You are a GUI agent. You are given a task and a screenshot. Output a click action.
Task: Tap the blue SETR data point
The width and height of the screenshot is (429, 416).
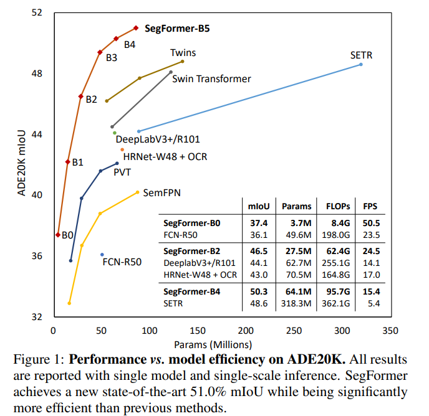click(361, 65)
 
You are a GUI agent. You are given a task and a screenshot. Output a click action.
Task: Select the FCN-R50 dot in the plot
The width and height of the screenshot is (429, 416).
click(102, 254)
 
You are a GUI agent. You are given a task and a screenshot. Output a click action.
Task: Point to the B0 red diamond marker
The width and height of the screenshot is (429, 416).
click(58, 235)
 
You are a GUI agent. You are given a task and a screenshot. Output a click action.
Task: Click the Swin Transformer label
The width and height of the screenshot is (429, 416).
click(211, 78)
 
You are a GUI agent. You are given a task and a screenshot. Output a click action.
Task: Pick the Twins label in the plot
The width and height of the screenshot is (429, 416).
click(183, 53)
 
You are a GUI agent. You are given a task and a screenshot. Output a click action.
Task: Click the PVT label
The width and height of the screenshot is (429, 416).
click(122, 173)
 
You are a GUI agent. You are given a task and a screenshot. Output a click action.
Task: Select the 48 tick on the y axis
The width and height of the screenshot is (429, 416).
click(38, 73)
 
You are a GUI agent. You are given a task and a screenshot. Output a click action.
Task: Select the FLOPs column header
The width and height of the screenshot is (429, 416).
click(337, 206)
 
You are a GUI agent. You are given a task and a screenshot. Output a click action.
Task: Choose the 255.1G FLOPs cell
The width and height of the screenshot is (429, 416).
click(337, 263)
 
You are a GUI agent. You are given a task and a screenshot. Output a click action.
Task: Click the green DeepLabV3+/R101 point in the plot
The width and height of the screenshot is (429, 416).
click(115, 133)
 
